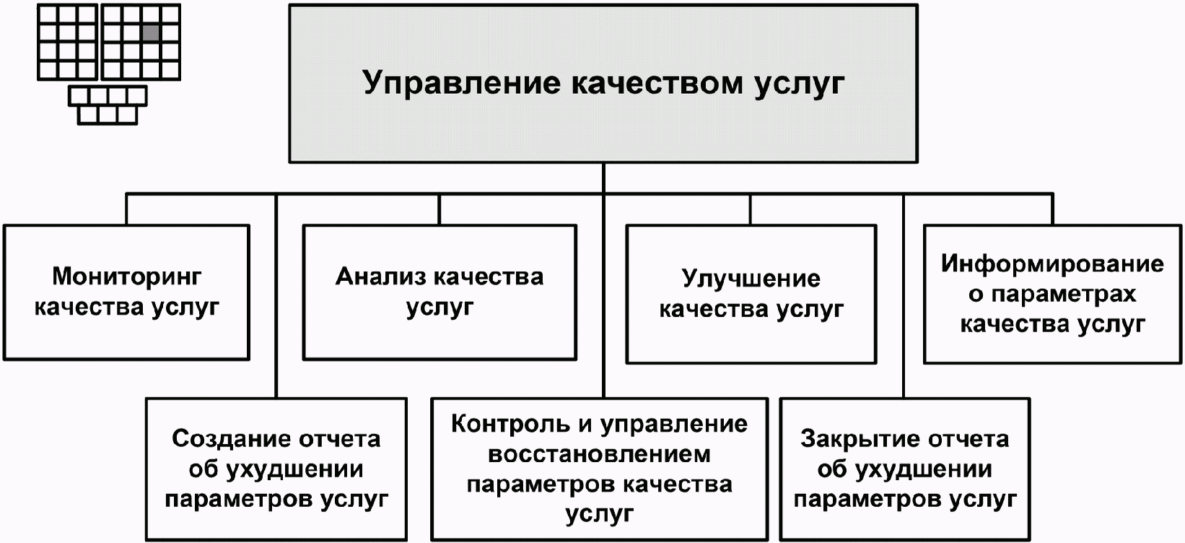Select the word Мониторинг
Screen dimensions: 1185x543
click(x=127, y=277)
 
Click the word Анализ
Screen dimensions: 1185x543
click(x=380, y=277)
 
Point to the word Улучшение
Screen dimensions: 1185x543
click(x=751, y=279)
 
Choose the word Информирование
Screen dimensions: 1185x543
click(x=1052, y=264)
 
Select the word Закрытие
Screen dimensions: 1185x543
click(x=859, y=440)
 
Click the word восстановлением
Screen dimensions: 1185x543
click(x=600, y=455)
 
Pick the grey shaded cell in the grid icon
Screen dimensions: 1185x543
click(x=152, y=32)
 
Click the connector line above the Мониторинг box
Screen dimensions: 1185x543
click(x=126, y=209)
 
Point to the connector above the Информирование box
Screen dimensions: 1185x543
click(x=1052, y=209)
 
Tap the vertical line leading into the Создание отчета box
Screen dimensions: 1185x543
click(x=276, y=296)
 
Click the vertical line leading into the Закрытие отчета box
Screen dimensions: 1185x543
click(x=904, y=296)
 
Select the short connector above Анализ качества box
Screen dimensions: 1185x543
click(x=439, y=209)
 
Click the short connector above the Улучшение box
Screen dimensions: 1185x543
click(x=750, y=209)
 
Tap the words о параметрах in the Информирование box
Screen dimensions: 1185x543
click(x=1052, y=295)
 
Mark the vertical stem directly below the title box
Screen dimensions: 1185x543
click(x=603, y=178)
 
